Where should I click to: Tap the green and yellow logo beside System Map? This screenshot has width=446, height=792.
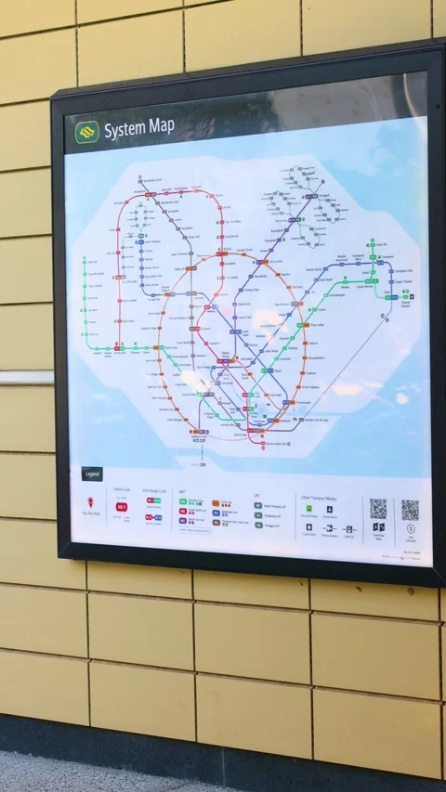tap(87, 133)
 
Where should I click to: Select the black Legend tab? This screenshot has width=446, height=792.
tap(92, 474)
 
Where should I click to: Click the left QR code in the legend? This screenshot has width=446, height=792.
tap(377, 509)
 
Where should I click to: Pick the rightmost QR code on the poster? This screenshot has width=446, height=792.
tap(410, 510)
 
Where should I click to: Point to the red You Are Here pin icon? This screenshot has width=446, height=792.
tap(91, 502)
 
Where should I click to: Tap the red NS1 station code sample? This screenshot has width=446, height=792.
tap(121, 507)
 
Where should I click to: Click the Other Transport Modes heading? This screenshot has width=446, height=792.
tap(318, 498)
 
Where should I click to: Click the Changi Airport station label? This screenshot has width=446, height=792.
tap(406, 303)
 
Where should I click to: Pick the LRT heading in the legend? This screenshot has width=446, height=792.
tap(256, 495)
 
